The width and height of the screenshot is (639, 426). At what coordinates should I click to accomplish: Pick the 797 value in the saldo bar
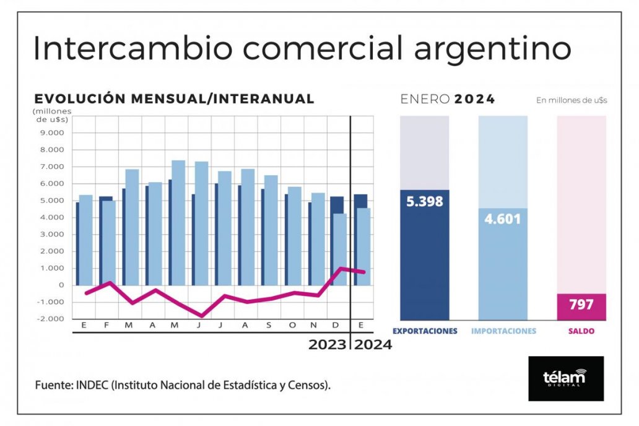(581, 305)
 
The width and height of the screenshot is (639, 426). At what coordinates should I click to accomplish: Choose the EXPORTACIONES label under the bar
(425, 331)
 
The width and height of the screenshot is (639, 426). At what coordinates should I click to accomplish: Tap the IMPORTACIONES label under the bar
(503, 331)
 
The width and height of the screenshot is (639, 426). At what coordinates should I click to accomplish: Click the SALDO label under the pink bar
(581, 331)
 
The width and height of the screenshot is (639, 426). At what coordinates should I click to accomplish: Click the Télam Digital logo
(566, 378)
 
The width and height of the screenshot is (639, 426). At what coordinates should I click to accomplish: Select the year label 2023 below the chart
(327, 345)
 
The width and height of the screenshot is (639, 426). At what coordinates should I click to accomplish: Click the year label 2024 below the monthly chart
(373, 345)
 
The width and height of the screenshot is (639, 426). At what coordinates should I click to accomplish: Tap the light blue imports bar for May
(178, 223)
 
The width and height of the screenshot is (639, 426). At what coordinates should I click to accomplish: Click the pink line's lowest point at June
(201, 316)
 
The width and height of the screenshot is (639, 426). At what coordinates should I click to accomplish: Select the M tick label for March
(129, 326)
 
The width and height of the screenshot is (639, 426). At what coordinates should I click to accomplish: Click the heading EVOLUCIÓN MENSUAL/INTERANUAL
(174, 99)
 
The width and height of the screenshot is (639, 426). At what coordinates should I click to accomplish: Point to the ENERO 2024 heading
(447, 99)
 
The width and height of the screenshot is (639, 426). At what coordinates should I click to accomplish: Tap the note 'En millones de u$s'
(571, 100)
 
